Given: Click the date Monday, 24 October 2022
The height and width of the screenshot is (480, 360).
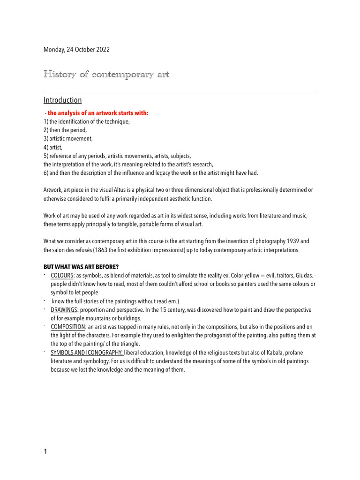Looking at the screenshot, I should click(x=76, y=50).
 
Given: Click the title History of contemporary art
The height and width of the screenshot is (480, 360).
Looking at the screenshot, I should click(x=106, y=75).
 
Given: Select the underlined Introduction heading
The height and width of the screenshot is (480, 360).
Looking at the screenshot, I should click(x=62, y=100).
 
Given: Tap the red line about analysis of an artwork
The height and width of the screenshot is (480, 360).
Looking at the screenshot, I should click(x=96, y=113).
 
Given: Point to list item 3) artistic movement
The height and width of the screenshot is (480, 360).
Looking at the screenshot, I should click(x=68, y=138).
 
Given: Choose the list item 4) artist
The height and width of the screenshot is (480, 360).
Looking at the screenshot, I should click(x=54, y=147).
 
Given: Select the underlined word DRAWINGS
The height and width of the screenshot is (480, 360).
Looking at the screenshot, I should click(x=64, y=310).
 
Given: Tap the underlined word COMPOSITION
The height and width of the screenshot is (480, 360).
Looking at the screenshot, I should click(x=68, y=327).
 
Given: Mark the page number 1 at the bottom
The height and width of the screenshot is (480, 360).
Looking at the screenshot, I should click(x=45, y=452).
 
